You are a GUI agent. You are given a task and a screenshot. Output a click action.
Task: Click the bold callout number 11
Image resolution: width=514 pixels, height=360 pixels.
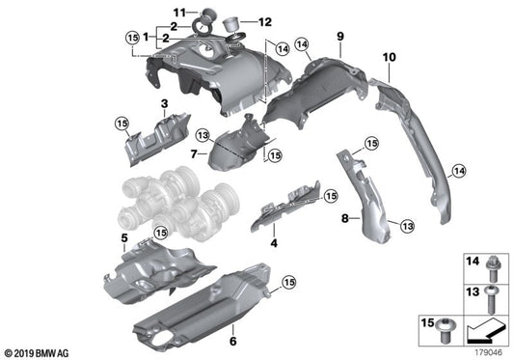179,13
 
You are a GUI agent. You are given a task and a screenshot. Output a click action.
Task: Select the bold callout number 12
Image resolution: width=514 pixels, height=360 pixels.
265,22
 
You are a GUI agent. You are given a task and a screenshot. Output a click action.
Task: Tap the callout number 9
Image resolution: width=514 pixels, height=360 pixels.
340,36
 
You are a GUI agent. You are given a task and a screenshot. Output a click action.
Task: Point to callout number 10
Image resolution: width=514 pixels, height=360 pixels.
389,57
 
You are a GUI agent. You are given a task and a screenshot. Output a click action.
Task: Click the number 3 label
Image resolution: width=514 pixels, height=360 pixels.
164,103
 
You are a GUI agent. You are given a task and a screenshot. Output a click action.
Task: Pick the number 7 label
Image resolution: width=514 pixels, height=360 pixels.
194,153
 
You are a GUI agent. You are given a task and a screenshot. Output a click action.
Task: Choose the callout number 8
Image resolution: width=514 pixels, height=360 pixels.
345,218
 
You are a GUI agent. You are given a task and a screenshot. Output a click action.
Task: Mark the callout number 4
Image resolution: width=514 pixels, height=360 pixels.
274,243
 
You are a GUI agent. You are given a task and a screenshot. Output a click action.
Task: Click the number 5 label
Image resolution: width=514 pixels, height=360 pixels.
124,238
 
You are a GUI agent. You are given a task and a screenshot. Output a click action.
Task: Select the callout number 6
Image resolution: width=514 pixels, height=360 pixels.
232,342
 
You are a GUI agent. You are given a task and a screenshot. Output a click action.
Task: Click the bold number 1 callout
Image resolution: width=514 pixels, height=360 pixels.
147,37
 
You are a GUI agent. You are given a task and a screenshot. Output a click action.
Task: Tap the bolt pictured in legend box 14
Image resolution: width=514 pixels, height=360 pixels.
491,269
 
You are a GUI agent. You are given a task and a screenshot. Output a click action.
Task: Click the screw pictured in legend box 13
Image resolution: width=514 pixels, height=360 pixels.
491,299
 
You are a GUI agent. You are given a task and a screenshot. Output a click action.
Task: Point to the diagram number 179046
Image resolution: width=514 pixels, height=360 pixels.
488,353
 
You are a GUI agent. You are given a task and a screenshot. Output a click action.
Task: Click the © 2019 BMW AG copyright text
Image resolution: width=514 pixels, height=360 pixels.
37,353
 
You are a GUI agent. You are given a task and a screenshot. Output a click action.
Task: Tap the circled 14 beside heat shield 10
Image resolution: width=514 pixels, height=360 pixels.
459,171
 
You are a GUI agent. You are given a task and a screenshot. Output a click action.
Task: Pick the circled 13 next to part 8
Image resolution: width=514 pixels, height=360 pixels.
407,226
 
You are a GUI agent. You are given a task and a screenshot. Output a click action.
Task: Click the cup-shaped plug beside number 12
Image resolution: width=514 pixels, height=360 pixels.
231,24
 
